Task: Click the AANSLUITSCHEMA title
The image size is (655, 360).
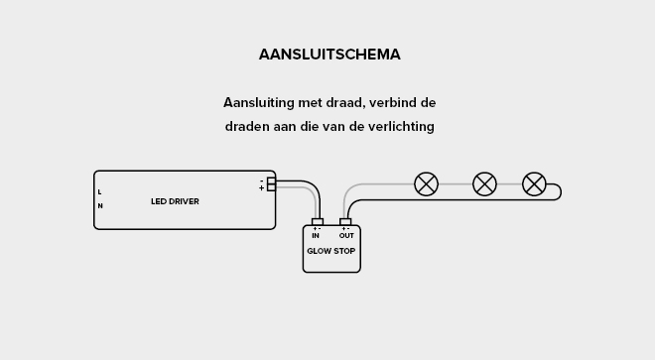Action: pos(329,55)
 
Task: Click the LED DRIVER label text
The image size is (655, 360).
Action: pos(175,201)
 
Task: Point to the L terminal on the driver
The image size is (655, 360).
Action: pos(99,191)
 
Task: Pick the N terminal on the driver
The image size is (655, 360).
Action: pos(99,206)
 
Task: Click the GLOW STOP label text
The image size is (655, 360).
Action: pos(330,251)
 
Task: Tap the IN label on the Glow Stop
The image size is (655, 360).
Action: pos(316,236)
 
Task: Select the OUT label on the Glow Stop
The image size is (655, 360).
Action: pos(346,236)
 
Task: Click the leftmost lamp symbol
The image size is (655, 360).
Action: pos(426,183)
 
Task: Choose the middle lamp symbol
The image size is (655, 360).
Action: pos(484,183)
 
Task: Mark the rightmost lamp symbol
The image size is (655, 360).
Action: pos(534,183)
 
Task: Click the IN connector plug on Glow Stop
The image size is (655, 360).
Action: pos(317,222)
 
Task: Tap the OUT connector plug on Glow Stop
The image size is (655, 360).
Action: pos(345,222)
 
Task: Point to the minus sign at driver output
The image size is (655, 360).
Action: pos(261,180)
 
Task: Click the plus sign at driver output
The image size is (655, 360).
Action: pos(261,188)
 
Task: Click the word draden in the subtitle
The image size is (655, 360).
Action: pos(245,127)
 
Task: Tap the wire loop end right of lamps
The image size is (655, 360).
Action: pos(558,191)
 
